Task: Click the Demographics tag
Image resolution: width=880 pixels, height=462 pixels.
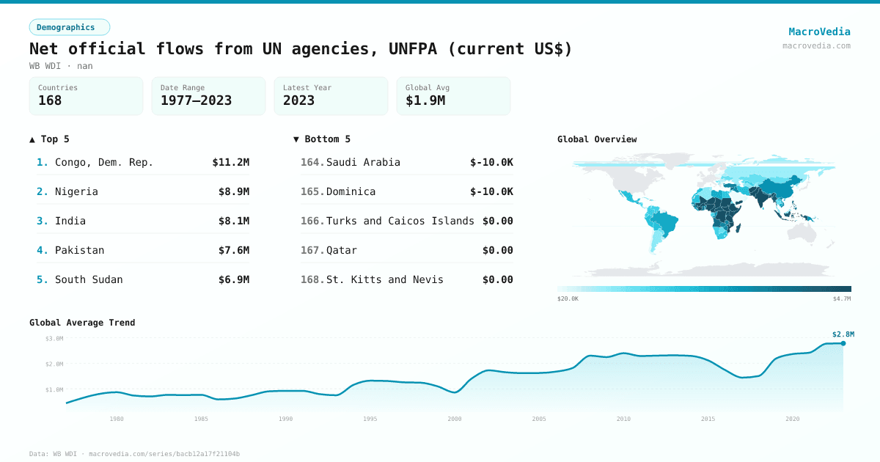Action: (x=69, y=27)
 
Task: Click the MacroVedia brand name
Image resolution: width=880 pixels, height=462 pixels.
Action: (x=819, y=32)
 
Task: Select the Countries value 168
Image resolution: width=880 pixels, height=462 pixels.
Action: (x=50, y=100)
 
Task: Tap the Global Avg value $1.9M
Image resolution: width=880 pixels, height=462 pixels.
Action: (x=425, y=100)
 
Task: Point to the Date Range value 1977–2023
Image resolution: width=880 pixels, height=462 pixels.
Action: (x=196, y=100)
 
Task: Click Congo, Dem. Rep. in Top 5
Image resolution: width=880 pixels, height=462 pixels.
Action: (x=104, y=162)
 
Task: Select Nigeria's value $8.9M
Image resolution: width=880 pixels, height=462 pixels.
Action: (x=234, y=191)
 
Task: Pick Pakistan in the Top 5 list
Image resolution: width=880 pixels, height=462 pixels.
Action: (x=79, y=250)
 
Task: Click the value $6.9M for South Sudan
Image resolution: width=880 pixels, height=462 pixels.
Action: (x=234, y=279)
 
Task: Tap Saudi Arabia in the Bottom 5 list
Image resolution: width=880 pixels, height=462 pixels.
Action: (x=363, y=162)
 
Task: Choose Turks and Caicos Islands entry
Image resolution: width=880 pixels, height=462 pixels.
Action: (x=400, y=221)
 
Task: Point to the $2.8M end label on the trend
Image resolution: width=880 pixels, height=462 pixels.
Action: (x=843, y=334)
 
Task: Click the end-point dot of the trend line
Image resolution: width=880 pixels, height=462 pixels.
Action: (x=843, y=343)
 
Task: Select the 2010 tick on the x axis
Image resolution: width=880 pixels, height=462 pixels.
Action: (x=623, y=419)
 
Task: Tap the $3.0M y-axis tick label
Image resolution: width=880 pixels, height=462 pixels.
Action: (x=54, y=338)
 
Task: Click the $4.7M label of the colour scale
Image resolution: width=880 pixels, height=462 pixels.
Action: (x=841, y=298)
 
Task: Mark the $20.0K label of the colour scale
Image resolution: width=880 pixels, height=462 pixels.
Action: (x=568, y=298)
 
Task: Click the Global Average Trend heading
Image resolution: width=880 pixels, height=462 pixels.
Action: (x=82, y=323)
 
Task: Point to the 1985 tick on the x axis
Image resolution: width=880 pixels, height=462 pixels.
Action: (x=201, y=419)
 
